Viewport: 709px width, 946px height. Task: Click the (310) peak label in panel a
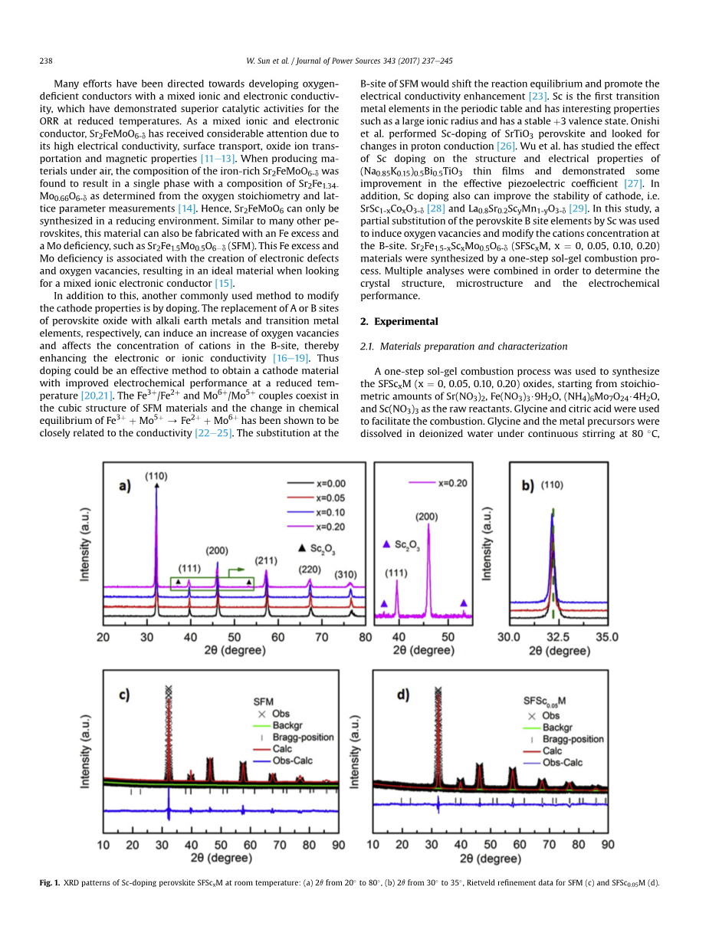350,574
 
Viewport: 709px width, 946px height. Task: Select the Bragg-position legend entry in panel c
303,737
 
